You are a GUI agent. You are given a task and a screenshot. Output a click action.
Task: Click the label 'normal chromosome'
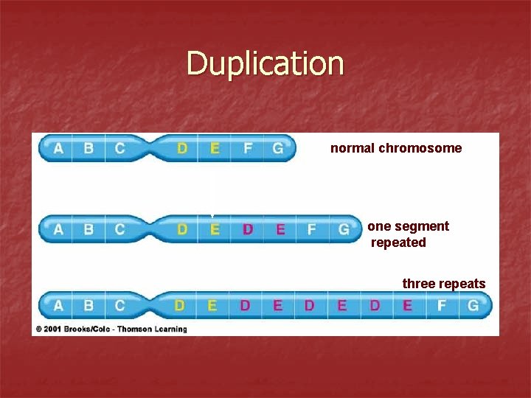click(x=396, y=148)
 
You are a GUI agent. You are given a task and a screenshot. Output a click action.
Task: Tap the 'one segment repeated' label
click(x=408, y=234)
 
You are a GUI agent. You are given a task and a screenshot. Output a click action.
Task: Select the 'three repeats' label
click(x=443, y=284)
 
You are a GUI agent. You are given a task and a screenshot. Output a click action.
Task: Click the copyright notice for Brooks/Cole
click(x=111, y=329)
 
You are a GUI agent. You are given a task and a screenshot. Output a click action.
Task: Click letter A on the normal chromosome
click(x=58, y=148)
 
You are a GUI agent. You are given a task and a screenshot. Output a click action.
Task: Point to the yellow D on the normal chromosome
click(x=182, y=148)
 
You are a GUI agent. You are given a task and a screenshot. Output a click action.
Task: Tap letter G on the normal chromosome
click(x=277, y=148)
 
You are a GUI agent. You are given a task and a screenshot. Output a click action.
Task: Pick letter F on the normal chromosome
click(x=247, y=148)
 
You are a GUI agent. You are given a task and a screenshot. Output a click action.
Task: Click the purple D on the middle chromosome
click(x=247, y=229)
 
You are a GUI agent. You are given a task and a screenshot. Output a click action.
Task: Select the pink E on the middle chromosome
click(x=280, y=229)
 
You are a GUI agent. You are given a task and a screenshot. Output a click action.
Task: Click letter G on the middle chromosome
click(x=344, y=229)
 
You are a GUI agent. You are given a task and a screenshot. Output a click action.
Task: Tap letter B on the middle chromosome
click(x=88, y=229)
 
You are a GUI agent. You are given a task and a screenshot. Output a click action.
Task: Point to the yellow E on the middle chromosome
click(x=215, y=229)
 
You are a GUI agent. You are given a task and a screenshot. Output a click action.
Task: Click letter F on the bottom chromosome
click(x=441, y=304)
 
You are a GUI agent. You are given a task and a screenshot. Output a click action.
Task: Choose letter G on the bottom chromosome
click(x=473, y=304)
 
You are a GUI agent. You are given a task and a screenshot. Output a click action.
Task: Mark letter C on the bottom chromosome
click(x=119, y=304)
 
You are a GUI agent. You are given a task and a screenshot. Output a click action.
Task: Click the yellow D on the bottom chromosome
click(x=179, y=304)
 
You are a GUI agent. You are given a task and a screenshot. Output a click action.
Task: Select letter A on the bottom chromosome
click(x=58, y=304)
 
